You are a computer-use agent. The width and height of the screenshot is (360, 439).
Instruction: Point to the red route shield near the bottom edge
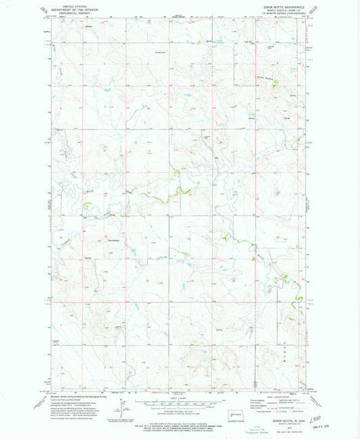(x=255, y=384)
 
